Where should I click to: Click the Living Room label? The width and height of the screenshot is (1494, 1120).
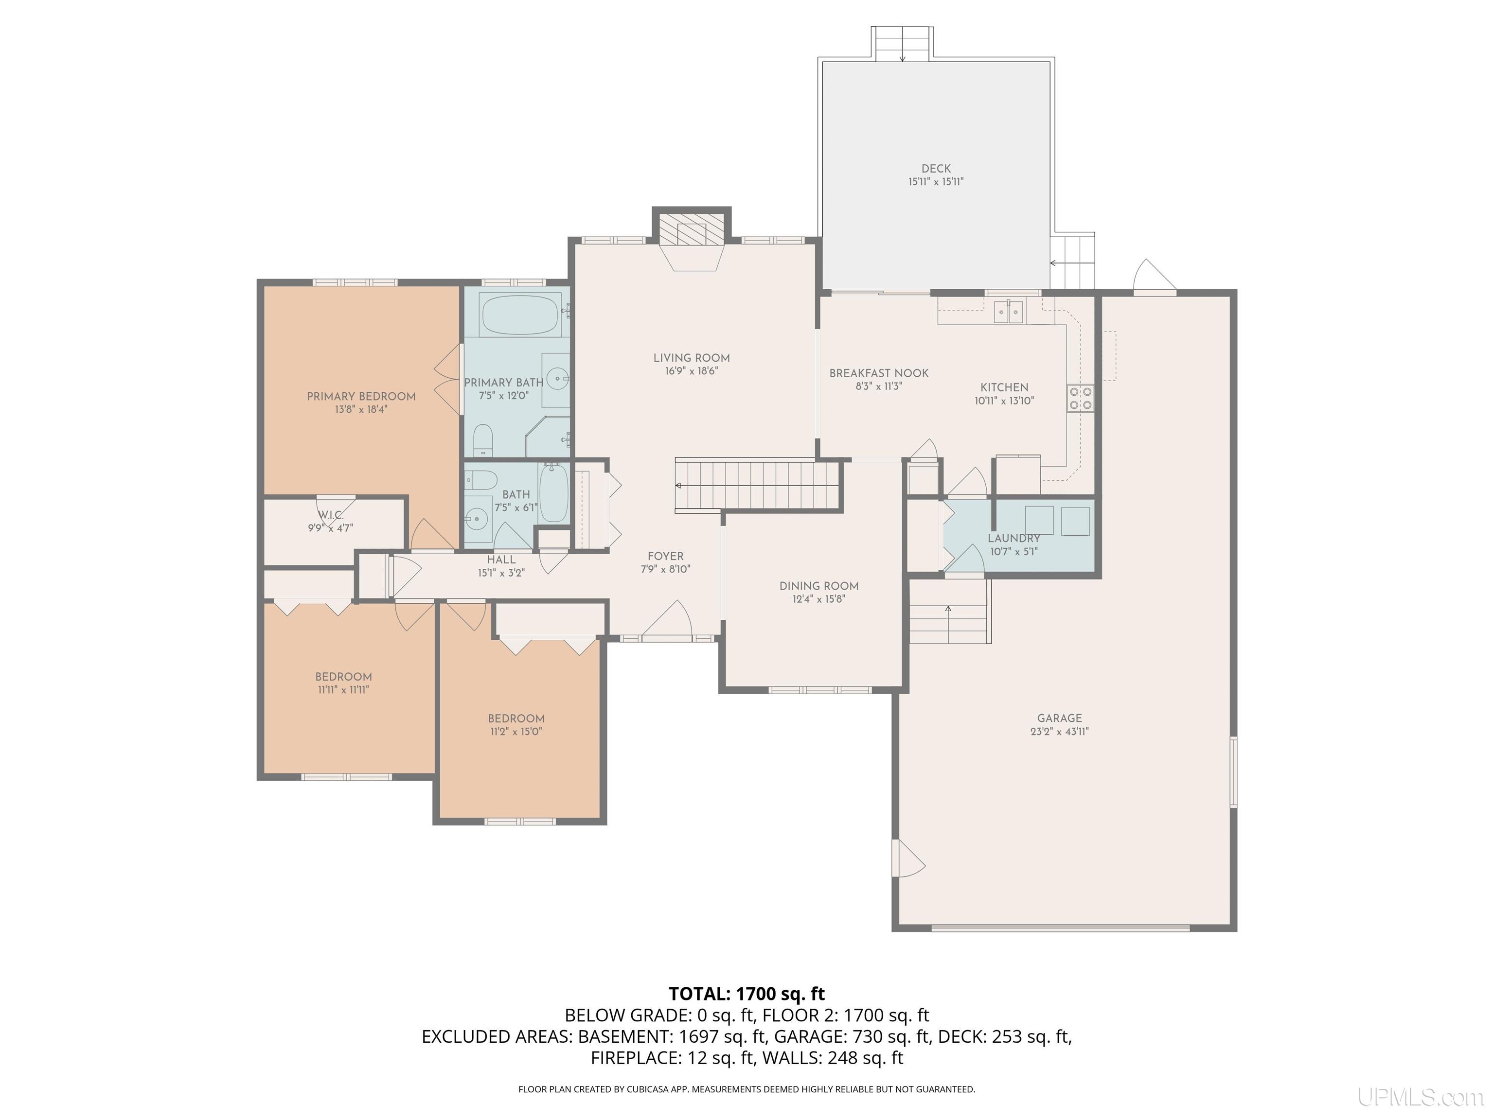pos(691,358)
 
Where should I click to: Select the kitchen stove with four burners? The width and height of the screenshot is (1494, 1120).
pos(1079,398)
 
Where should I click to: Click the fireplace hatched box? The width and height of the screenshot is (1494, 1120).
pos(691,231)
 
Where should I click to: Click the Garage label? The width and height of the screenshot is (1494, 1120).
pos(1059,718)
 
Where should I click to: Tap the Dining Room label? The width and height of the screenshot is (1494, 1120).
pos(818,586)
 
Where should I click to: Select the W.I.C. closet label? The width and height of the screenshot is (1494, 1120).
pos(331,515)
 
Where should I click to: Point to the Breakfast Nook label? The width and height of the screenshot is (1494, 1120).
pos(879,373)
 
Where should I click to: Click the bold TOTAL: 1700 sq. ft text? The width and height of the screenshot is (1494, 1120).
pos(747,994)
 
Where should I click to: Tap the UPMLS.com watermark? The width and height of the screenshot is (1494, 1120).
pos(1421,1098)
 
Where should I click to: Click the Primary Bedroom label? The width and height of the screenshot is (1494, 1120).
pos(361,396)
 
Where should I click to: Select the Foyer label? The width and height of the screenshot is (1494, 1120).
pos(665,556)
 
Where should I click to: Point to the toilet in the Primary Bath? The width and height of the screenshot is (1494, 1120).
pos(482,439)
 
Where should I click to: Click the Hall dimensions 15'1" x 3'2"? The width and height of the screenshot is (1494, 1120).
pos(501,573)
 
